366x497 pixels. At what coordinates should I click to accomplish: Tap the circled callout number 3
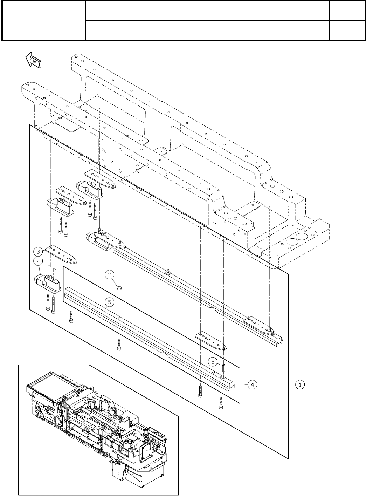38,251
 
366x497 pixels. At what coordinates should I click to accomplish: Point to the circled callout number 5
109,301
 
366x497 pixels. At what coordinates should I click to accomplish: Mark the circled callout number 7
110,275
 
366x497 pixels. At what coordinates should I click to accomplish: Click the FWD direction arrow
34,60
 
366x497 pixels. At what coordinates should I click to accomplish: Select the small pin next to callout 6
223,369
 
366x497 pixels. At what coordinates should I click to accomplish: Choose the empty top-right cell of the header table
346,11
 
